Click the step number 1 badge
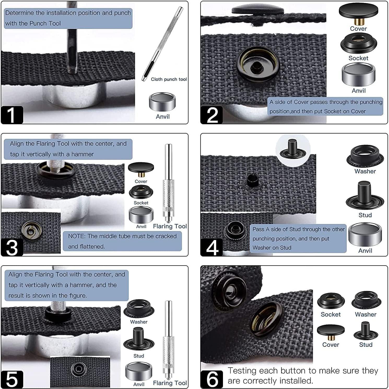tap(12, 115)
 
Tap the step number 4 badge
tap(212, 247)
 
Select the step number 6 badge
tap(212, 379)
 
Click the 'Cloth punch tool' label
tap(169, 79)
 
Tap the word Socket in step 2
tap(358, 58)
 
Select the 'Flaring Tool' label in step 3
tap(170, 226)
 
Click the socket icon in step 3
tap(141, 192)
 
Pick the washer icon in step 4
tap(365, 156)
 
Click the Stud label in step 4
tap(365, 215)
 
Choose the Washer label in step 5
tap(139, 322)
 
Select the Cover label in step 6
tap(331, 345)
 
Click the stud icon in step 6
tap(366, 331)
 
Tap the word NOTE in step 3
tap(77, 236)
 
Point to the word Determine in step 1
tap(20, 13)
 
